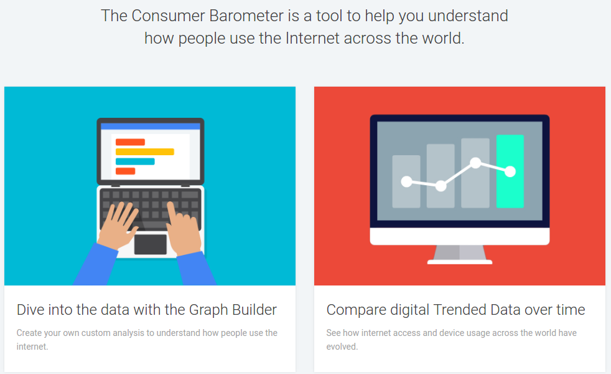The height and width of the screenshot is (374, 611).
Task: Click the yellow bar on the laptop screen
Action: [144, 151]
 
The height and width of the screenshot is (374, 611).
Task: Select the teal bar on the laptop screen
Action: [135, 161]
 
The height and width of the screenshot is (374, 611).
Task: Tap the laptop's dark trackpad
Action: [151, 244]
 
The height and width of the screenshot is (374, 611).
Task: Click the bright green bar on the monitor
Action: [510, 171]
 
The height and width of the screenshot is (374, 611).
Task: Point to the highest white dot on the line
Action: [475, 163]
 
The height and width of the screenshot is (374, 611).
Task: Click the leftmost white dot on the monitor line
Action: [406, 181]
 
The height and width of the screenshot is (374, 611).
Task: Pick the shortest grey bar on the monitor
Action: [406, 181]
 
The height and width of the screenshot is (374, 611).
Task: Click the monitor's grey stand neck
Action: [460, 252]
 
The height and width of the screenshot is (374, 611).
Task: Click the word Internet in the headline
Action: [312, 38]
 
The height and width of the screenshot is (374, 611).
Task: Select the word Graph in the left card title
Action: [208, 310]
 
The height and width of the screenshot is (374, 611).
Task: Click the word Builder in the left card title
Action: [254, 310]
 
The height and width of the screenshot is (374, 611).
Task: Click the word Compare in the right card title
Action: [356, 310]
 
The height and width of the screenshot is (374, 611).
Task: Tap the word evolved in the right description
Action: [342, 347]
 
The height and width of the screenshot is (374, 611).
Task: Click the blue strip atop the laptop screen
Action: [151, 126]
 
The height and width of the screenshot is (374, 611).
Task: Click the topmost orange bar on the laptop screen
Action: [130, 141]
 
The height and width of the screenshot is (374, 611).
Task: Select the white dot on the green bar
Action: [510, 171]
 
